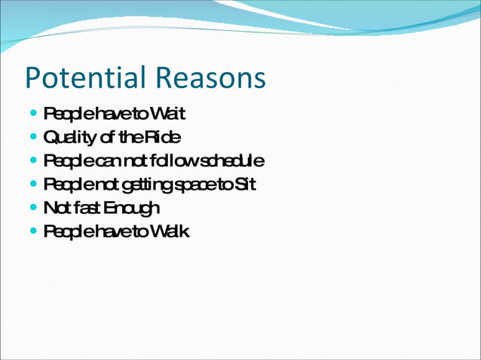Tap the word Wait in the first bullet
[167, 114]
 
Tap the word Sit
[245, 185]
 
